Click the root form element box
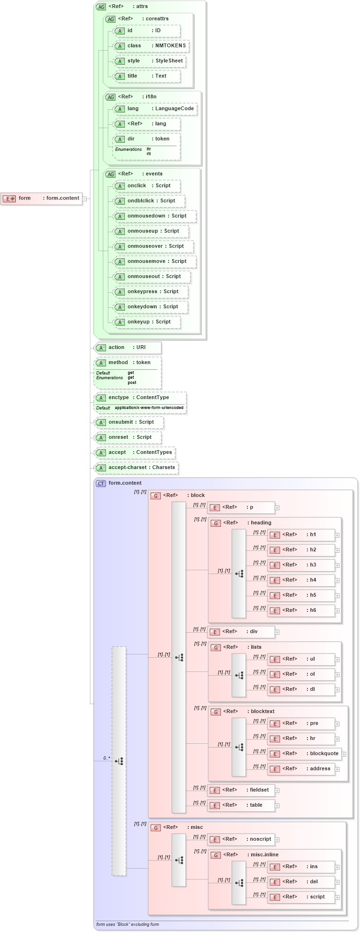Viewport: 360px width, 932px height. pyautogui.click(x=42, y=199)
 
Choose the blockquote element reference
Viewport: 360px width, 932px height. pyautogui.click(x=305, y=754)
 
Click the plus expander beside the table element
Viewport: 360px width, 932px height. pyautogui.click(x=277, y=806)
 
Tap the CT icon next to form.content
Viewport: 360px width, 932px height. pyautogui.click(x=101, y=483)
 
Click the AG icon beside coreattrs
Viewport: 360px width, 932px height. pyautogui.click(x=111, y=19)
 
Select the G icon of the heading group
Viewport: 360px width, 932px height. pyautogui.click(x=216, y=523)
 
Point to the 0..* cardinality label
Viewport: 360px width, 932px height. pyautogui.click(x=106, y=758)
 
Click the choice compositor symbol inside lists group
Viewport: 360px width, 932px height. pyautogui.click(x=239, y=675)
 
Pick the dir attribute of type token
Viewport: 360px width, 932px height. pyautogui.click(x=147, y=139)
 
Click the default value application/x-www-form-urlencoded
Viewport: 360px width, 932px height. pyautogui.click(x=149, y=408)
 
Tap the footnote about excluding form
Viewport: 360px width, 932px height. pyautogui.click(x=127, y=924)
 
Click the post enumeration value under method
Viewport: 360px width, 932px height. pyautogui.click(x=132, y=383)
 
